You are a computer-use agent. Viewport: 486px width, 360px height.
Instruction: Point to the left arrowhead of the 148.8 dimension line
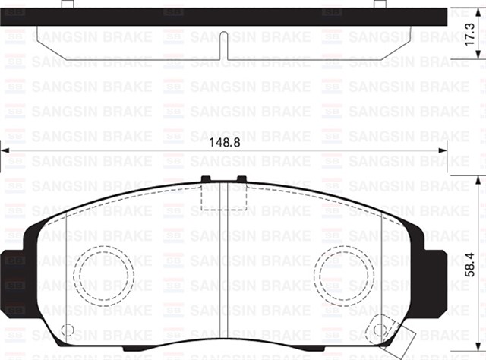[x=5, y=152]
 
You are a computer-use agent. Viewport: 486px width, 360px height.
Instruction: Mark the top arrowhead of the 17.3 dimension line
[x=459, y=11]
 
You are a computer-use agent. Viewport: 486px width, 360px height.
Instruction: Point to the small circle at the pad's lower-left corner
[x=67, y=331]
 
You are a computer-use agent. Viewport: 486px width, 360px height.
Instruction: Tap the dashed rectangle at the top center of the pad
[x=223, y=196]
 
